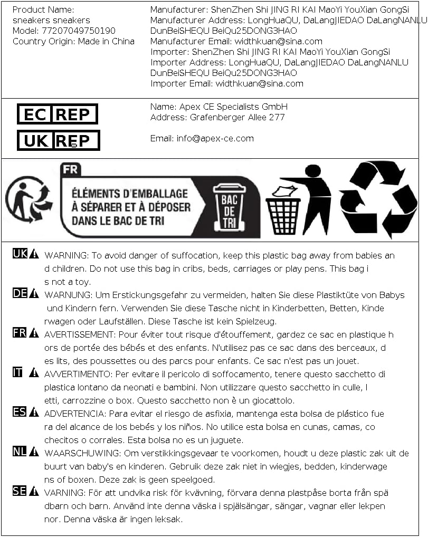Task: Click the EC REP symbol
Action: pos(58,114)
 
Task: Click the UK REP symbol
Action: pos(58,140)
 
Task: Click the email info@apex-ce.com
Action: pos(215,138)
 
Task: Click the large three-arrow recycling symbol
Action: pos(378,199)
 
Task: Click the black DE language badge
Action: pos(20,294)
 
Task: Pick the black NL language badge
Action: pos(20,452)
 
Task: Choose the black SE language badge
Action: pos(20,492)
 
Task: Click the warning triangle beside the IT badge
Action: pos(34,373)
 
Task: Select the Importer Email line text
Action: pos(227,83)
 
